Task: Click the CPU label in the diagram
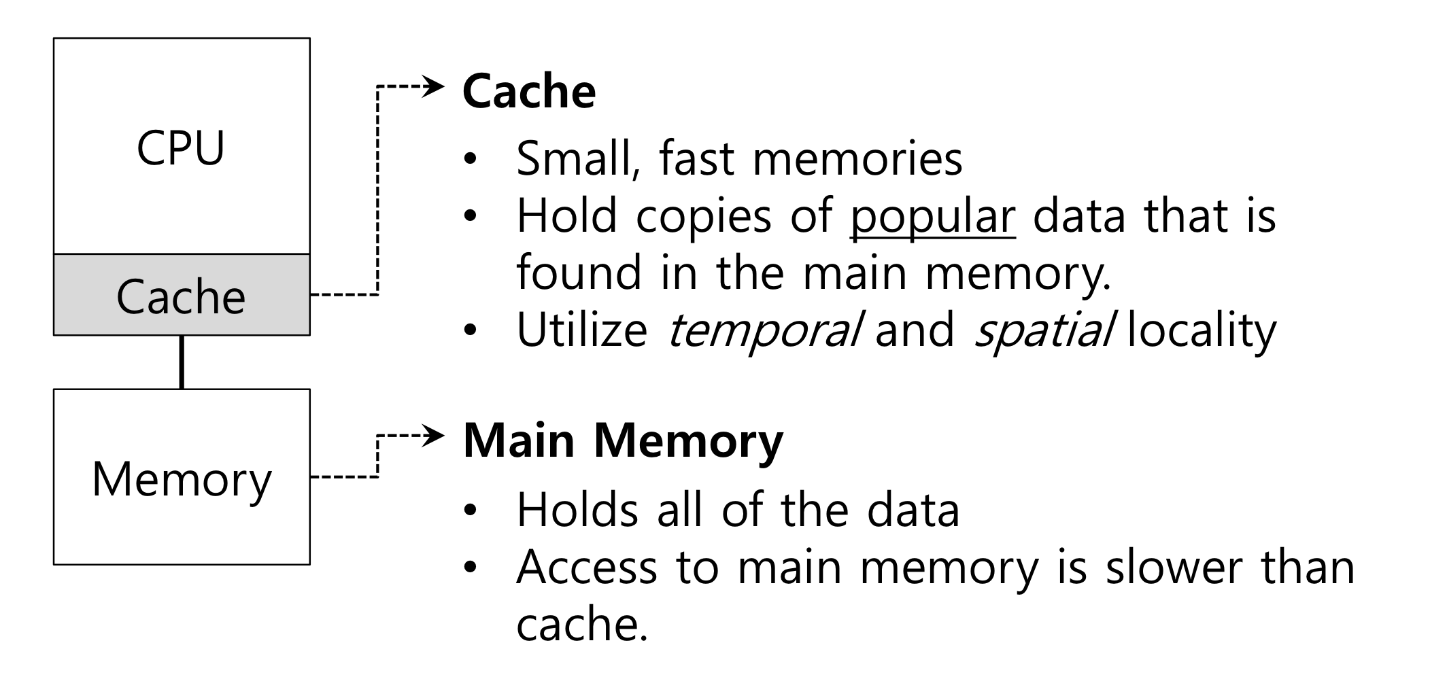[x=180, y=147]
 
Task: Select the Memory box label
[x=182, y=479]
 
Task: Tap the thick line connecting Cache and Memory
[x=182, y=362]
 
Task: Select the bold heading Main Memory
[x=622, y=440]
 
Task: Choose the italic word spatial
[x=1043, y=331]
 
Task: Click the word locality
[x=1202, y=331]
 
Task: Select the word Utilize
[x=581, y=330]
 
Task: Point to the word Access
[x=587, y=567]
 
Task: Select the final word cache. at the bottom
[x=581, y=624]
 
